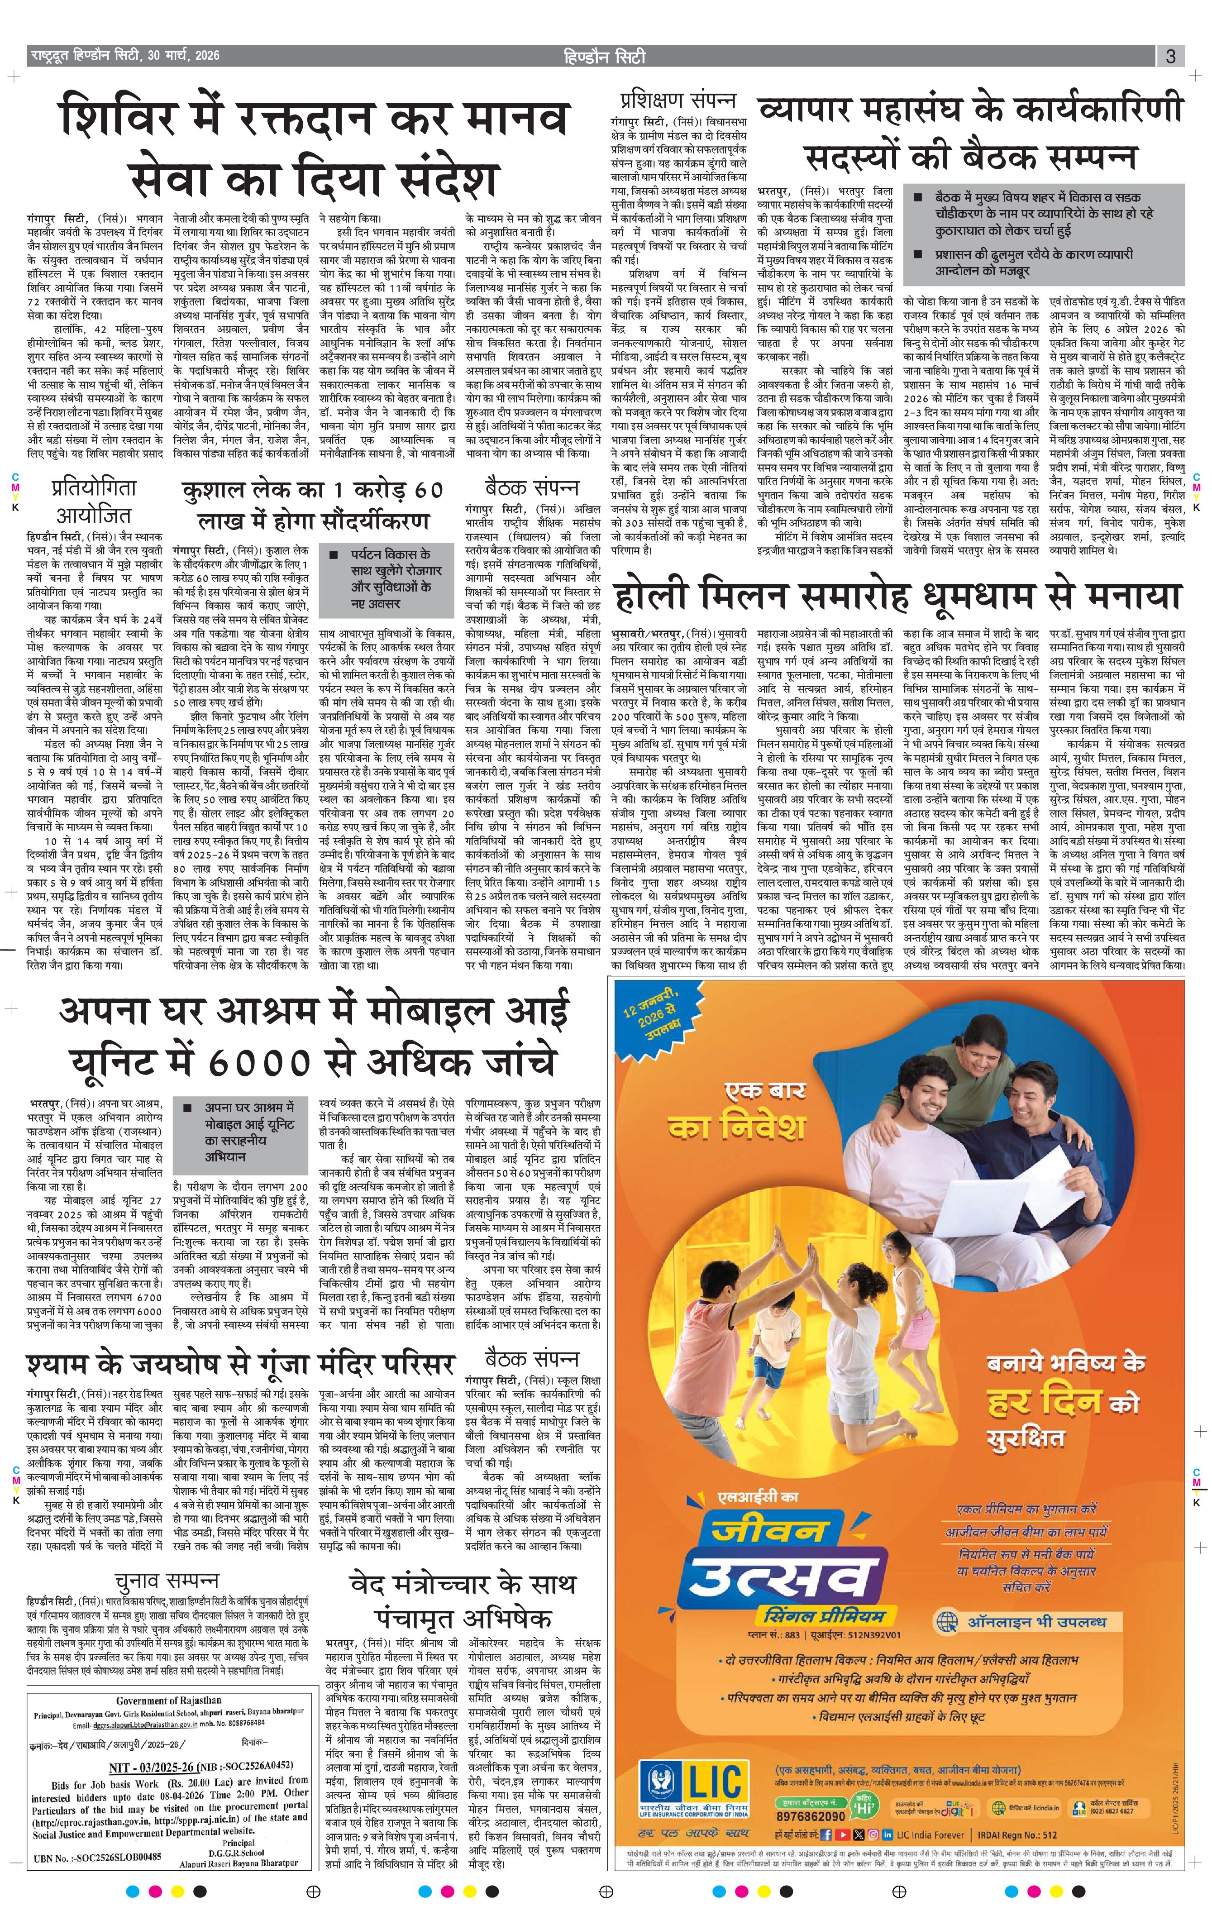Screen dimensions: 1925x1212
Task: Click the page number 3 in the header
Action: [x=1170, y=57]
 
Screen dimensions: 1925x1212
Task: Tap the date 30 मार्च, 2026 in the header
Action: [x=183, y=56]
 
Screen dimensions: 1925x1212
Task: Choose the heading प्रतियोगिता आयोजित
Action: [x=94, y=501]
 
